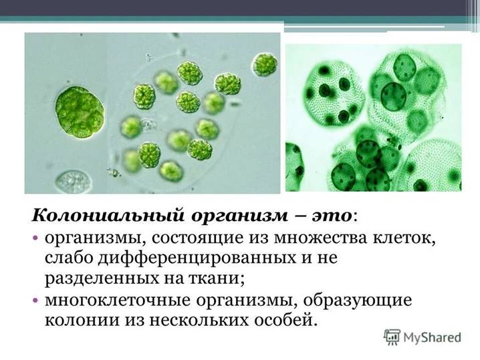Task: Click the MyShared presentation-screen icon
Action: pos(392,336)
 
